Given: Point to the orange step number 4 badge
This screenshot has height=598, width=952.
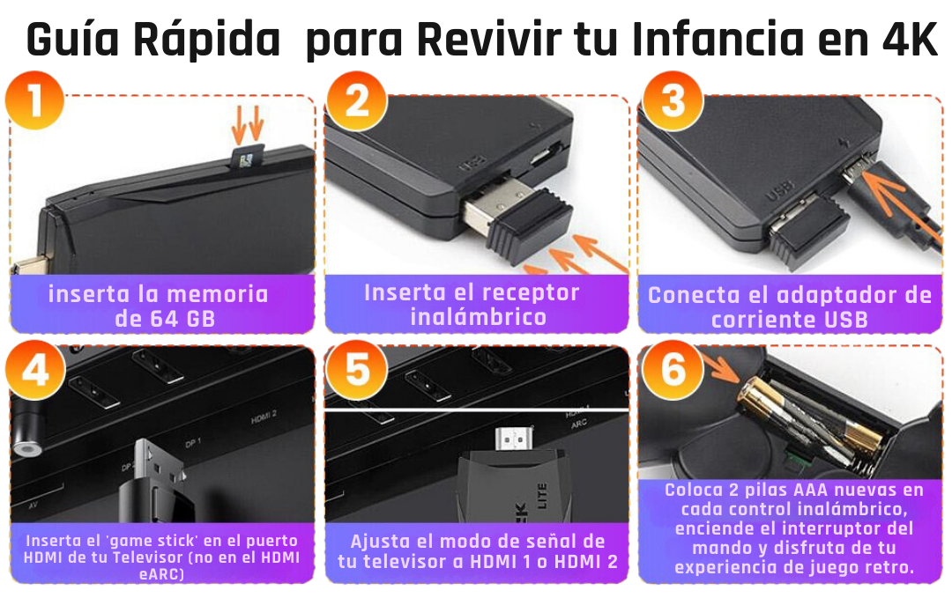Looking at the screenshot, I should pyautogui.click(x=35, y=373).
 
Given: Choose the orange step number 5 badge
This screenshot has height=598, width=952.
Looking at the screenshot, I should pyautogui.click(x=356, y=373).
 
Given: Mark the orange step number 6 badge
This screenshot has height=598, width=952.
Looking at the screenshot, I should pyautogui.click(x=673, y=373).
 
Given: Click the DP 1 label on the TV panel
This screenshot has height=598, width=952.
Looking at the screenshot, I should pyautogui.click(x=192, y=441).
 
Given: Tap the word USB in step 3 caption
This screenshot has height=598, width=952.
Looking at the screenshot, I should pyautogui.click(x=844, y=319).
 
